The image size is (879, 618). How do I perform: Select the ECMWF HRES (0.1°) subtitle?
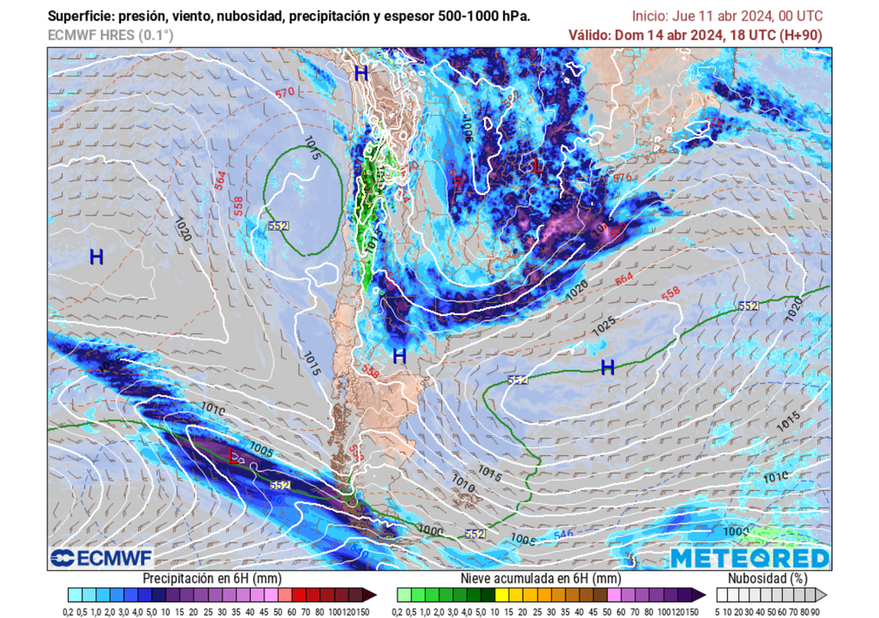coord(111,35)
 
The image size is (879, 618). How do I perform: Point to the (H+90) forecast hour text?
coord(801,35)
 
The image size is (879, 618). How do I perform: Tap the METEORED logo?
coord(749,558)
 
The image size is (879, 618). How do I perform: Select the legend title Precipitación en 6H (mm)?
coord(214,578)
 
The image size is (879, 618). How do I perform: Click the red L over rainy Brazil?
coord(538,166)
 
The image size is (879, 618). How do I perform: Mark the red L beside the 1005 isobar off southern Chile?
coord(233,454)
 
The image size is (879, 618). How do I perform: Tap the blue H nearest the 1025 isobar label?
coord(608,367)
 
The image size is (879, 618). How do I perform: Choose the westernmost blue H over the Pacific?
coord(96,256)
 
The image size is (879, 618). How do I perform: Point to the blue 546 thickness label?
coord(562,535)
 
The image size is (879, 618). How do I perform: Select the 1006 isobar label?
coord(467,129)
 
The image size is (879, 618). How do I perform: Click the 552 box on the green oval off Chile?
coord(277,226)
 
